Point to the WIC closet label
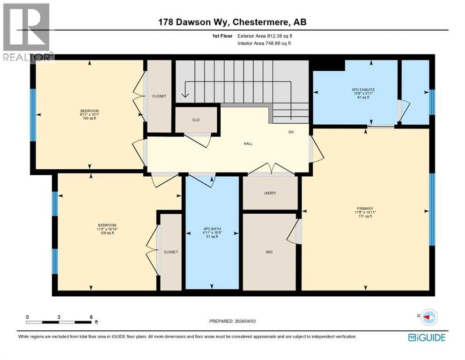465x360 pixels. [x=269, y=252]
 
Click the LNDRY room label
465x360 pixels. [x=270, y=193]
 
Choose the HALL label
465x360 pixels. [x=248, y=143]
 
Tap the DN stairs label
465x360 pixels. [x=291, y=132]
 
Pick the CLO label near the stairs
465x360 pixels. [x=196, y=120]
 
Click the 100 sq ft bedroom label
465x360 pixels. [x=89, y=114]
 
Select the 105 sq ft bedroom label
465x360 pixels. [x=107, y=229]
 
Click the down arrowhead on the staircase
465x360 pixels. [x=185, y=95]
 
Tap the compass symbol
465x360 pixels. [x=429, y=317]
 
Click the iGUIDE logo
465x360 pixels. [x=427, y=337]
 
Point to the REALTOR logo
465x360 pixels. [x=28, y=32]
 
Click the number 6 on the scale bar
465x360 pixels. [x=91, y=317]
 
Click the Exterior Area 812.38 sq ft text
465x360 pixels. [x=265, y=36]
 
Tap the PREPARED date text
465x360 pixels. [x=232, y=321]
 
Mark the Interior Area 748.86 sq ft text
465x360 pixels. [x=264, y=43]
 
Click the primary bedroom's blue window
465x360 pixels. [x=432, y=210]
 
